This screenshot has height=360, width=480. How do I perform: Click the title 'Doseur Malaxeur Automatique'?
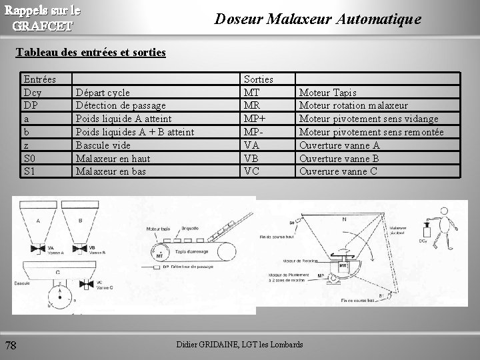click(x=317, y=19)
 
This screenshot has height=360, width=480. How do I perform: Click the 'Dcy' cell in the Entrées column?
click(x=32, y=92)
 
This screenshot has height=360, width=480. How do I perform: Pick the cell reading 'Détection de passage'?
click(x=121, y=105)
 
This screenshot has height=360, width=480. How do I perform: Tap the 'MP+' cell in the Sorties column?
click(x=255, y=119)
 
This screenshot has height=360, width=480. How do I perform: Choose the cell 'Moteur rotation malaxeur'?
click(x=353, y=105)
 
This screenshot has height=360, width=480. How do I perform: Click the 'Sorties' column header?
click(x=258, y=79)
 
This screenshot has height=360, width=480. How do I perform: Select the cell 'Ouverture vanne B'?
click(x=339, y=158)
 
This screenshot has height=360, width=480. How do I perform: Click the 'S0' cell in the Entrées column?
click(x=30, y=158)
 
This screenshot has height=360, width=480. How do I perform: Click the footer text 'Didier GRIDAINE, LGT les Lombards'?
click(x=239, y=344)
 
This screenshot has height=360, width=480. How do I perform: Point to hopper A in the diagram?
click(x=37, y=223)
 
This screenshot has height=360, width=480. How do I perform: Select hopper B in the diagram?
click(x=80, y=223)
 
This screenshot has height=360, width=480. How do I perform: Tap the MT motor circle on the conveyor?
click(x=160, y=254)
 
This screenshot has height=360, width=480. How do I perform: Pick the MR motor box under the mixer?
click(x=344, y=265)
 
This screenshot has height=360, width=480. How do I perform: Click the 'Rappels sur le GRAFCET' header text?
click(x=43, y=19)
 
